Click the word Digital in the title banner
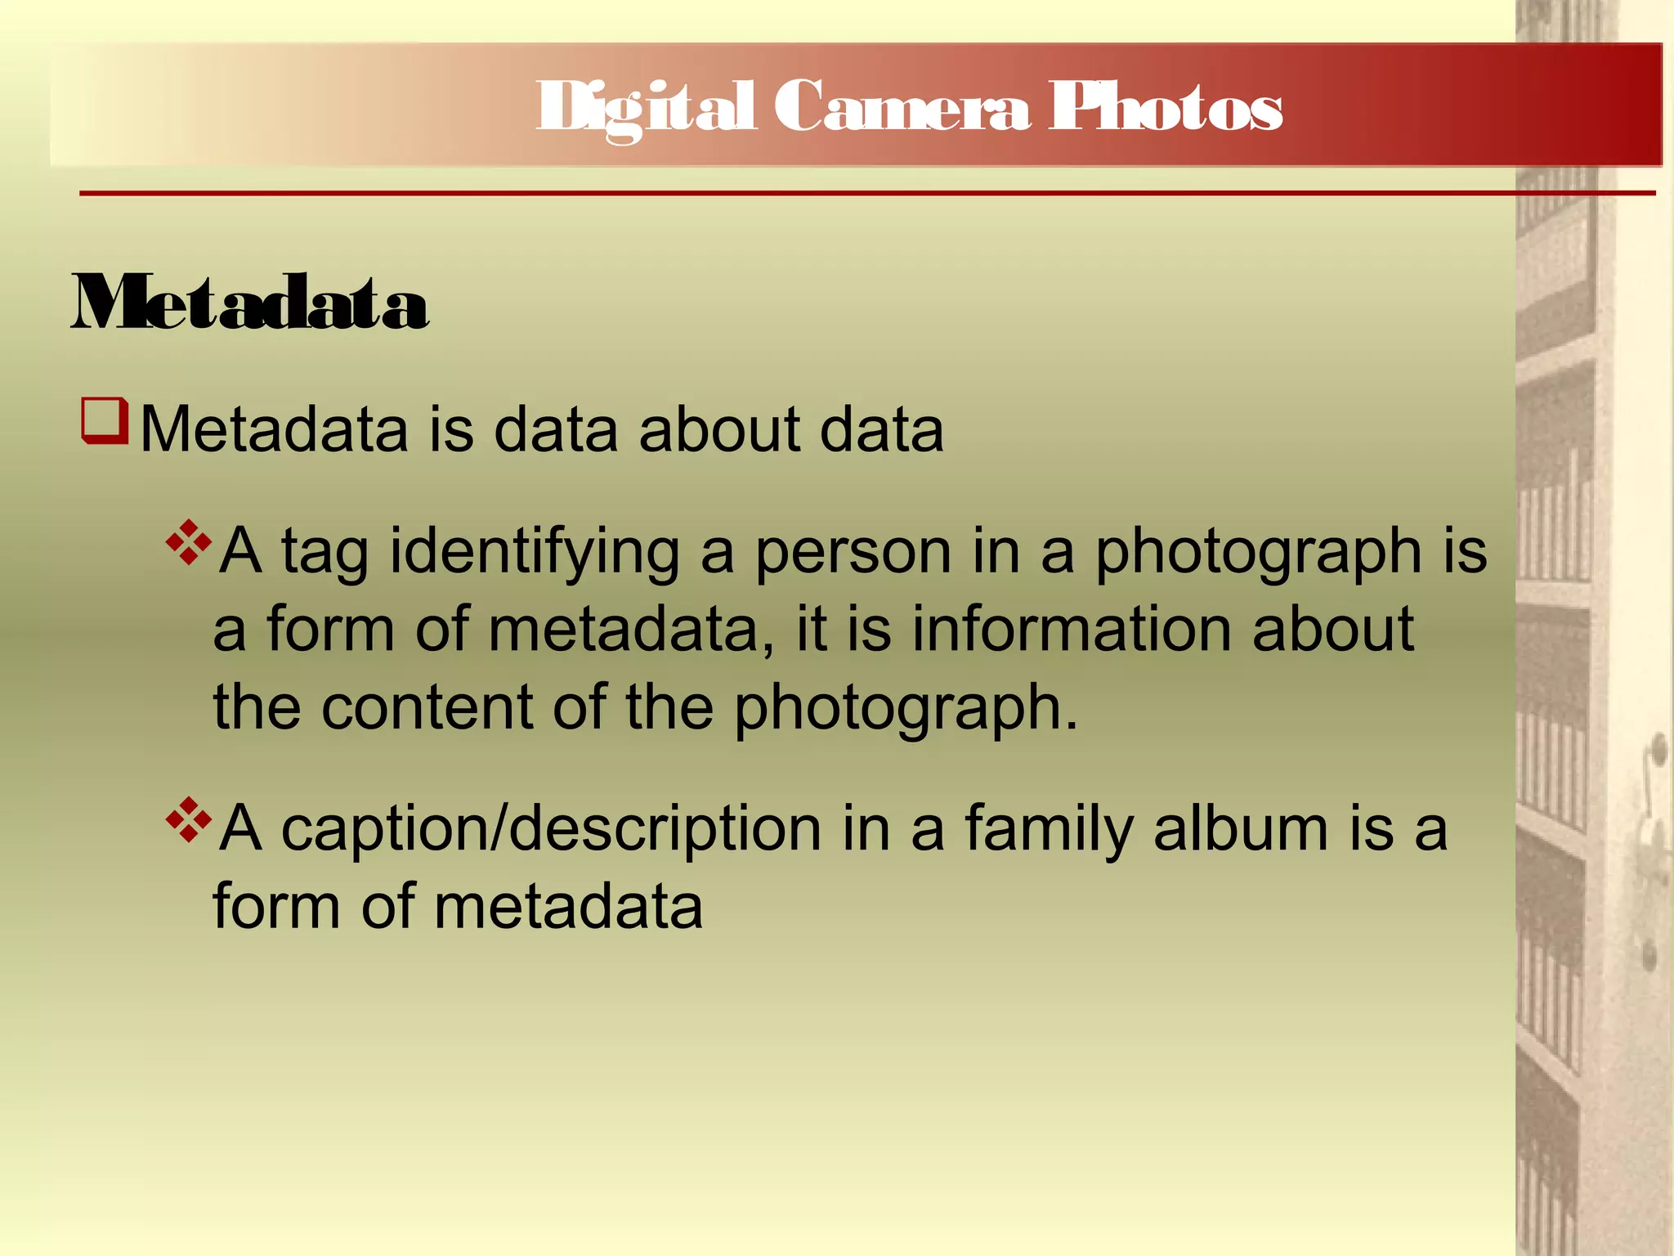(646, 108)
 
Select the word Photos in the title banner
(1166, 108)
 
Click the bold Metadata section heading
(250, 304)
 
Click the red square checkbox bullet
(105, 420)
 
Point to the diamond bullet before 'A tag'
(189, 542)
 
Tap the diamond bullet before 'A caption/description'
(189, 820)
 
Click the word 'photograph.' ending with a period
(906, 708)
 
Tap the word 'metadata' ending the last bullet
(567, 907)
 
